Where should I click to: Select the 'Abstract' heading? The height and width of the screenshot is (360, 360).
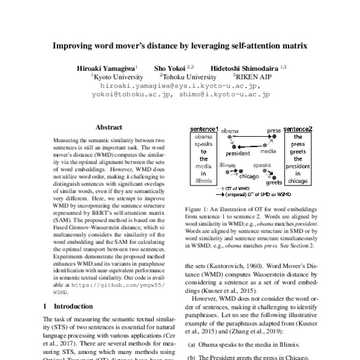pos(109,127)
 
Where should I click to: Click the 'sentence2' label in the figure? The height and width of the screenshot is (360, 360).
pos(298,130)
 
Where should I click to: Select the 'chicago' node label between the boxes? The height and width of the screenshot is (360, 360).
pos(248,176)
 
